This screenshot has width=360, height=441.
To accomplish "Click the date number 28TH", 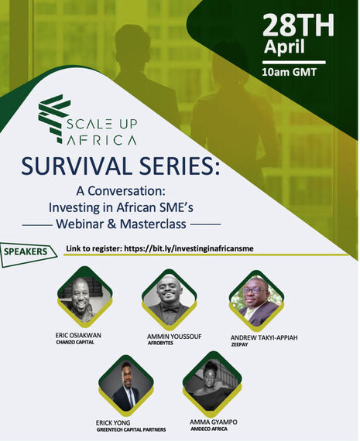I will (x=298, y=25).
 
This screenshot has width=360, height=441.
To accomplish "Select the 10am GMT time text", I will (x=293, y=72).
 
